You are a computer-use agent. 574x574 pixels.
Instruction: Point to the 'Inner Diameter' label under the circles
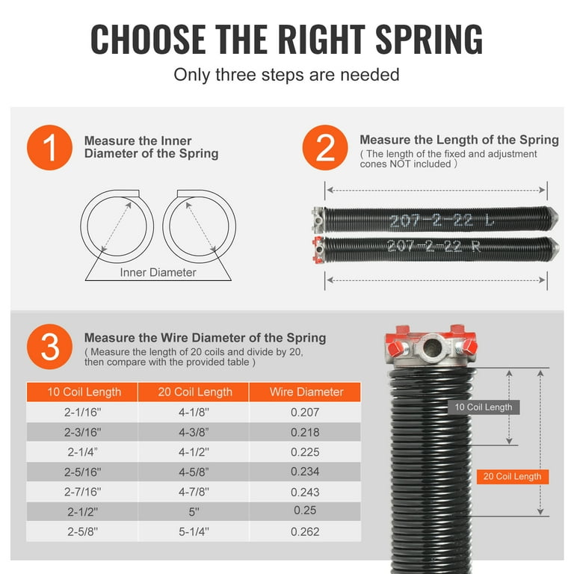point(158,272)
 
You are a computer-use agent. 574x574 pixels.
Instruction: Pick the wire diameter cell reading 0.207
point(305,412)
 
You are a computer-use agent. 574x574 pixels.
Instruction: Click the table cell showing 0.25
point(305,511)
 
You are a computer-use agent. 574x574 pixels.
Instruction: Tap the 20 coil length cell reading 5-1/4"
point(194,531)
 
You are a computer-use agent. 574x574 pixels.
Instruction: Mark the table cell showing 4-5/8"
point(194,472)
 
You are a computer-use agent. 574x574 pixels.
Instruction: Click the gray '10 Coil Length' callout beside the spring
point(483,407)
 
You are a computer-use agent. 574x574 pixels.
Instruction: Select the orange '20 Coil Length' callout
point(512,476)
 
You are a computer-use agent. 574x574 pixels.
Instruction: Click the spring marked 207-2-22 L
point(433,221)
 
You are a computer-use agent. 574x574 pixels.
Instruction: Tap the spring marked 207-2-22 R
point(433,246)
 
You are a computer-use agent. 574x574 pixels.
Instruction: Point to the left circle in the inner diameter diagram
point(117,223)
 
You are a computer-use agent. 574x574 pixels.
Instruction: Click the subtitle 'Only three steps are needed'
point(286,75)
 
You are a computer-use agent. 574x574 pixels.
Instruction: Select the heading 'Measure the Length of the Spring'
point(459,140)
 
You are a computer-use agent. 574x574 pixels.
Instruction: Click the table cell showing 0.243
point(305,492)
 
